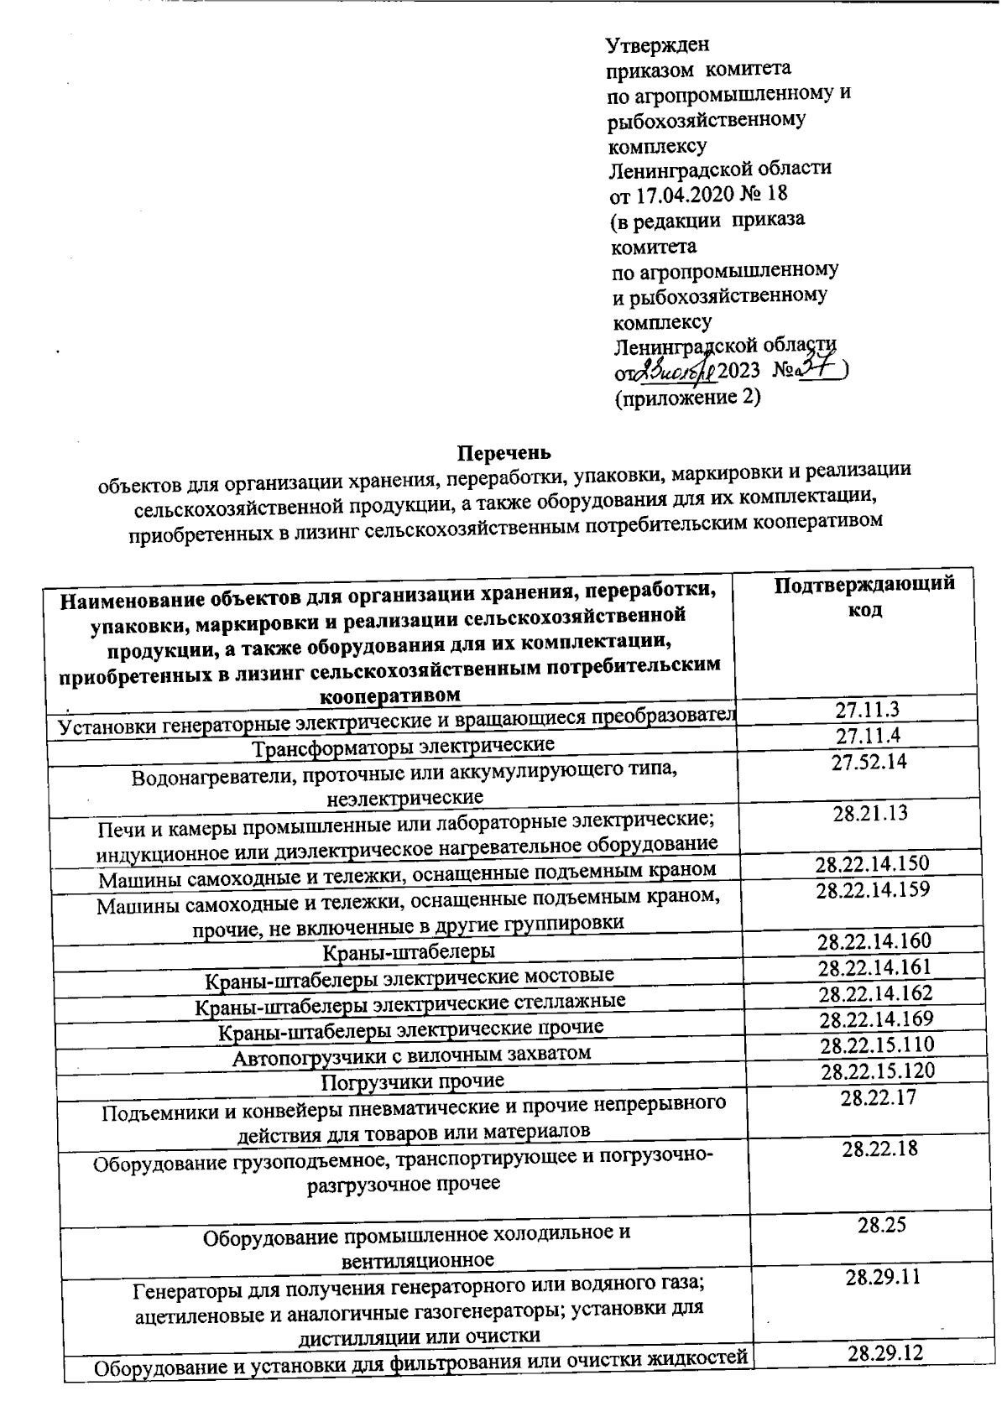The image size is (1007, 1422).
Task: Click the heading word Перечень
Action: coord(503,454)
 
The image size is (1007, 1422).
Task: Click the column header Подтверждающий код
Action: coord(864,596)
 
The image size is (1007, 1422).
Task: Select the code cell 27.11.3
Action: coord(867,710)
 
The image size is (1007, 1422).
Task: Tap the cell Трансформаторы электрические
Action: coord(404,745)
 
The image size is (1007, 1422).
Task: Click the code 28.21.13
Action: coord(869,813)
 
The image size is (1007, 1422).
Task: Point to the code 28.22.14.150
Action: coord(873,863)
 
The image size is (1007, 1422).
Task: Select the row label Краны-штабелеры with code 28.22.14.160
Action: coord(409,951)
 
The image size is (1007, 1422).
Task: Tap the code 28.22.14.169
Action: coord(876,1019)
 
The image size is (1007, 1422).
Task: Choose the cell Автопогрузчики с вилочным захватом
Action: coord(411,1054)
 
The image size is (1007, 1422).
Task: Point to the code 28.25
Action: coord(881,1225)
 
